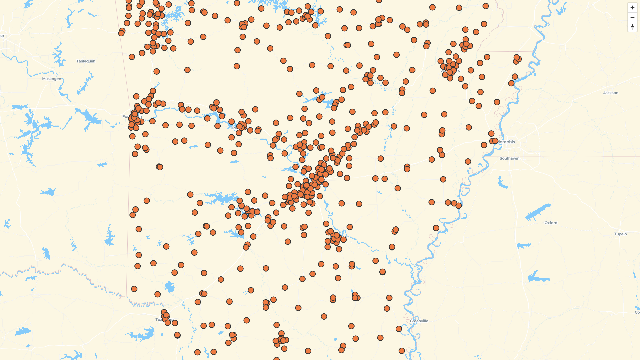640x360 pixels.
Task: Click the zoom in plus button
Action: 632,8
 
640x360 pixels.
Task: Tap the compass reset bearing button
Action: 632,27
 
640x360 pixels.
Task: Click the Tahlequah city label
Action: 86,61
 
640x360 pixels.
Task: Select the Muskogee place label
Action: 52,79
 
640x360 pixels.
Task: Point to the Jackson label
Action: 611,93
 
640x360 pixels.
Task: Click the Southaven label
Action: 509,158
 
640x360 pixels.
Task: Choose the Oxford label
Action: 551,223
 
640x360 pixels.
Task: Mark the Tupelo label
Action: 620,234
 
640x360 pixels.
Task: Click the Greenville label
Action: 419,321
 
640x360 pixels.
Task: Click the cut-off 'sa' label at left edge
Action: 2,36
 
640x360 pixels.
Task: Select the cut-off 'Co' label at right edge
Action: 637,312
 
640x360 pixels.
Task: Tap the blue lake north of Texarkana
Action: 169,287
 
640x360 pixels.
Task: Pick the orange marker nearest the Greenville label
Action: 399,329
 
